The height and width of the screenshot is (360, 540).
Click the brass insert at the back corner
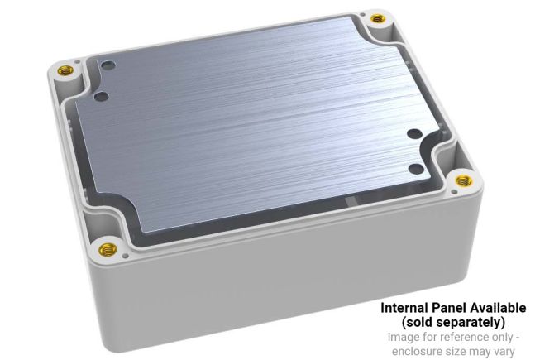(378, 17)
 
